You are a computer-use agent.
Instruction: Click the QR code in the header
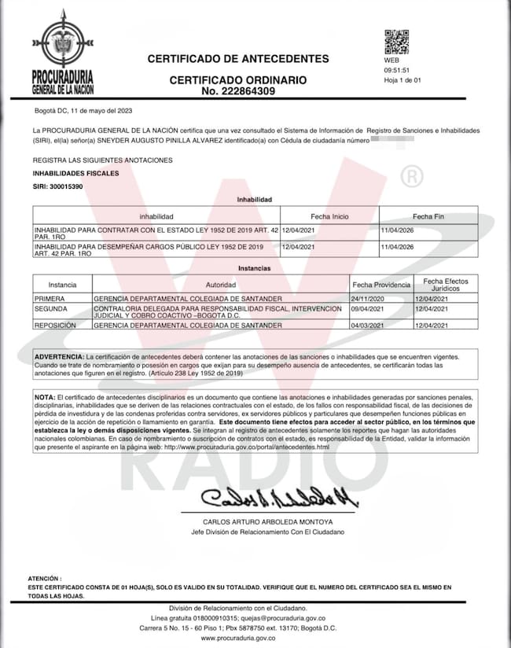396,42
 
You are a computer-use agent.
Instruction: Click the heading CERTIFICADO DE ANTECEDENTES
238,59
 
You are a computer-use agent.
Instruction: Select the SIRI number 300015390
57,186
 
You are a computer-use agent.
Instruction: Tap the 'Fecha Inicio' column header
329,215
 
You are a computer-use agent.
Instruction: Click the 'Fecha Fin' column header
428,215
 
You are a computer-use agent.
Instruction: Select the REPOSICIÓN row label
55,325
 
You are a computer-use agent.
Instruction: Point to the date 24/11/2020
369,300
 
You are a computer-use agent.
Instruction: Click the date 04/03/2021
369,325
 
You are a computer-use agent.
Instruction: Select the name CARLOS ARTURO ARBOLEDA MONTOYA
267,522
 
